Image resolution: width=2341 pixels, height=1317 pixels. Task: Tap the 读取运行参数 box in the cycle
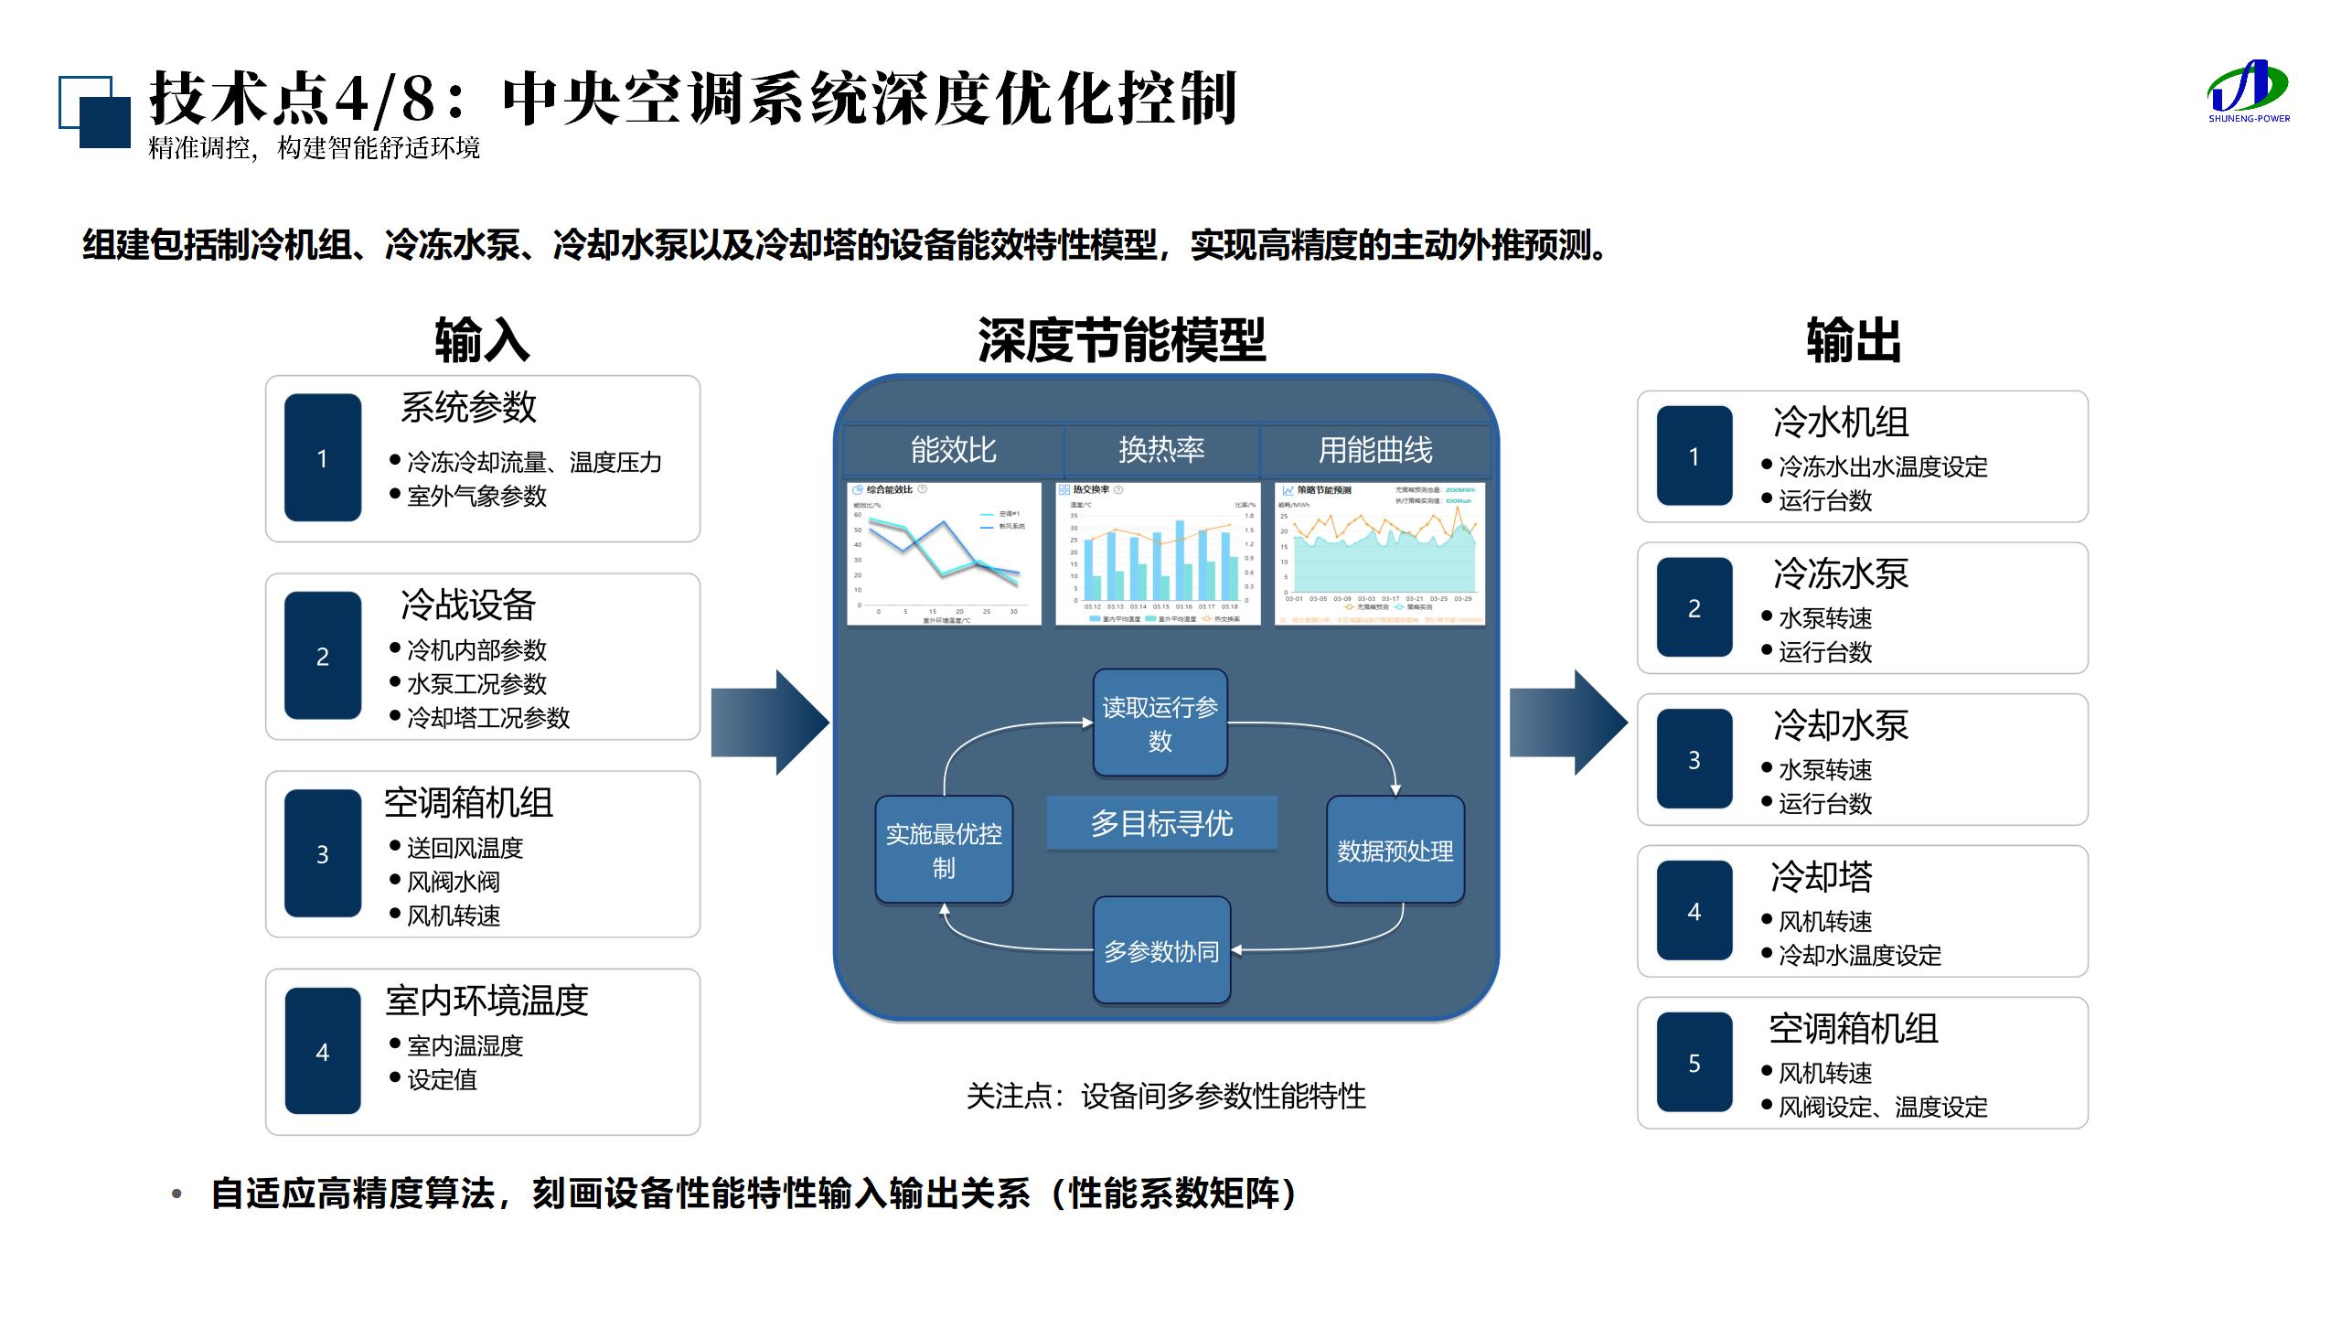(1160, 723)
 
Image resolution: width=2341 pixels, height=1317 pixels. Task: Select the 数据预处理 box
(1395, 851)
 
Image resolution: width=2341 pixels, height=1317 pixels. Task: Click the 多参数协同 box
(1161, 951)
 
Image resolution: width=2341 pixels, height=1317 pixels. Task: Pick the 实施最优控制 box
(944, 851)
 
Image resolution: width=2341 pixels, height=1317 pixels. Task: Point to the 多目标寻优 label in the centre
(1161, 823)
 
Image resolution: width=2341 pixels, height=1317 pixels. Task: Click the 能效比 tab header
(953, 450)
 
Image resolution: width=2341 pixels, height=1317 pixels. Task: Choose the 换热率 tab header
(1161, 450)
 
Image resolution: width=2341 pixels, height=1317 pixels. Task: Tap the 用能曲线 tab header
(1375, 450)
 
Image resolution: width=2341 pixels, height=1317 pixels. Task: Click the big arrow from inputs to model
(770, 723)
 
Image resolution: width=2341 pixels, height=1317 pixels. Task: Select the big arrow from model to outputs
(1567, 723)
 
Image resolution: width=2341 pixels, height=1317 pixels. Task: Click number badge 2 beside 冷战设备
(323, 656)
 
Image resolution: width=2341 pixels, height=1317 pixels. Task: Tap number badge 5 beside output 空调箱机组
(1694, 1063)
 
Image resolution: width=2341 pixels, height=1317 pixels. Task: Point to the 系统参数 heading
(468, 408)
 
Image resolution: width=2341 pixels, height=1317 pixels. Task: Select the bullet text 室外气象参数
(476, 496)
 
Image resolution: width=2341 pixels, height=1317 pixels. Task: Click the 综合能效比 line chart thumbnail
(944, 554)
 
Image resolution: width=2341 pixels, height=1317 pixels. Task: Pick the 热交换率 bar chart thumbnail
(1158, 554)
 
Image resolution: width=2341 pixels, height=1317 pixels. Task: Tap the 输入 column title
(482, 340)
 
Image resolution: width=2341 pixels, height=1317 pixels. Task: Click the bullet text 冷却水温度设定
(1859, 956)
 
